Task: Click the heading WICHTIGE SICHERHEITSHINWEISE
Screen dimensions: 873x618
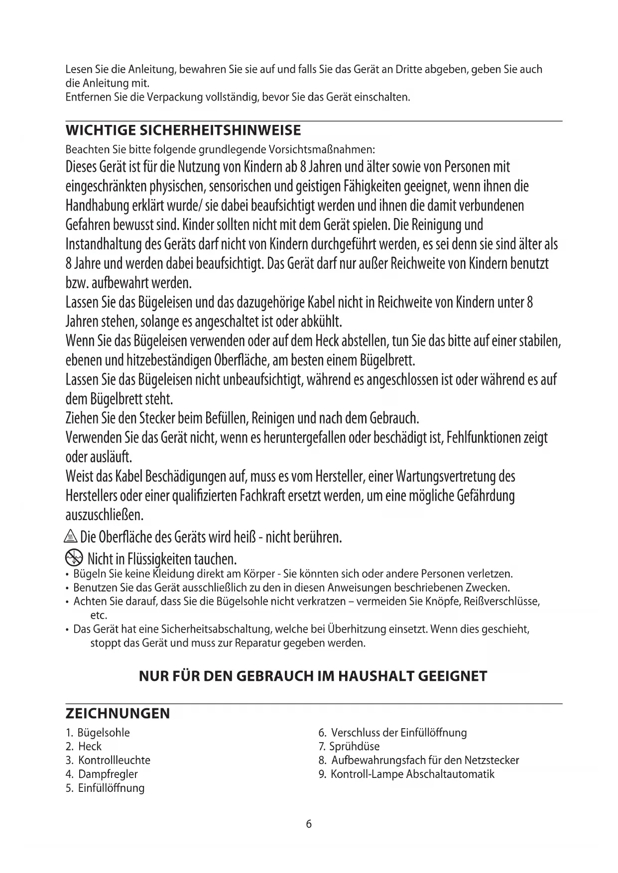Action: (183, 131)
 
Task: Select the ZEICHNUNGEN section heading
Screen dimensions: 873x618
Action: (118, 713)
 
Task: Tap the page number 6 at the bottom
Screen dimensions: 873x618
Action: (309, 824)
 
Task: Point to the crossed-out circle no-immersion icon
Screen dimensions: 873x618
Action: (73, 557)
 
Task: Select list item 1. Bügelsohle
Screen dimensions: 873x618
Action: (98, 733)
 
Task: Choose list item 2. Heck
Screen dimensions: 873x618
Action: (84, 747)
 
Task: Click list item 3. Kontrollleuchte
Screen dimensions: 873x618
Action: (108, 761)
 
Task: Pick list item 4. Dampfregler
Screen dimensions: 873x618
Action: (102, 774)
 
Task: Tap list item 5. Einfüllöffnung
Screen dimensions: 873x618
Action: (105, 788)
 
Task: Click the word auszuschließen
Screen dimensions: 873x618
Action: (105, 514)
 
